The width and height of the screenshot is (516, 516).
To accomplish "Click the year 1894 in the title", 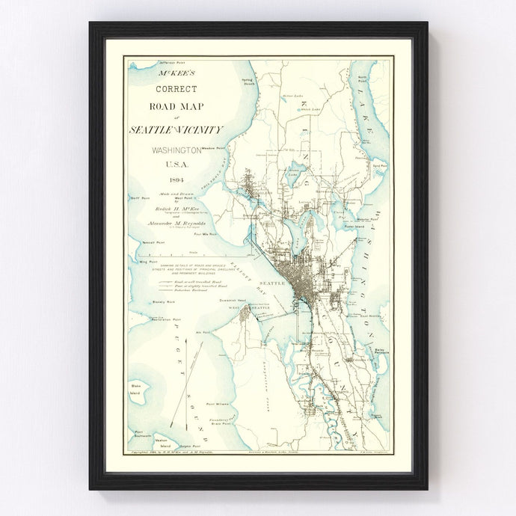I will coord(176,180).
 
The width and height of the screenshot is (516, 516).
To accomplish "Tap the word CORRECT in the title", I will coord(176,89).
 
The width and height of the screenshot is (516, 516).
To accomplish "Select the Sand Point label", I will coord(379,165).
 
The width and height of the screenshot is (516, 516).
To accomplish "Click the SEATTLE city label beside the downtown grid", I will coord(272,283).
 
